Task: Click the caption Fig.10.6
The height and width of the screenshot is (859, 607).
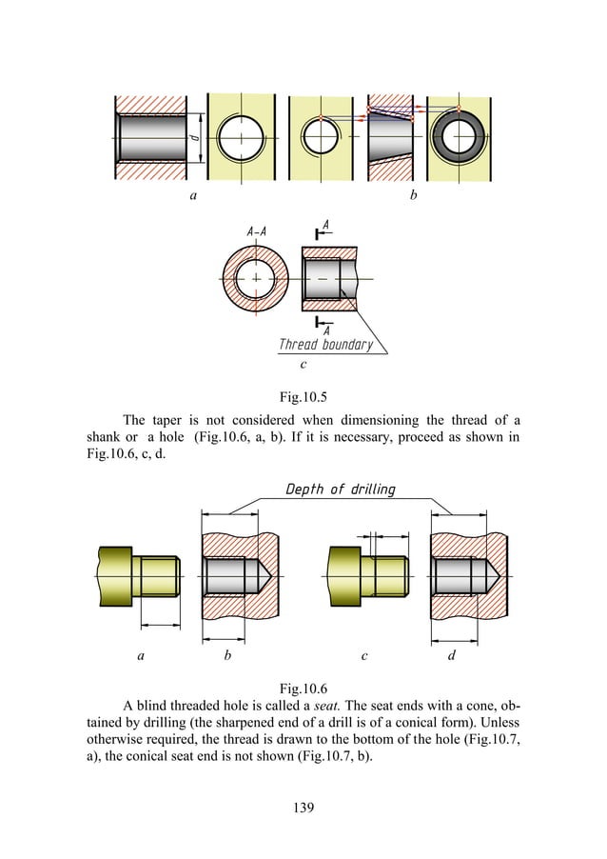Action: [x=302, y=687]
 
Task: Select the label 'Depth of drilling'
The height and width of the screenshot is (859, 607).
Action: [x=340, y=490]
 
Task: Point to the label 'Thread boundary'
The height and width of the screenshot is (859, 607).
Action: [x=325, y=345]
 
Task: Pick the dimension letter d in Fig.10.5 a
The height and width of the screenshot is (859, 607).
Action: [x=194, y=139]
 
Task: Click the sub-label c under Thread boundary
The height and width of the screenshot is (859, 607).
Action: [x=302, y=364]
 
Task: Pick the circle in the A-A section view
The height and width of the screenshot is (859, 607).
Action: [x=256, y=277]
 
